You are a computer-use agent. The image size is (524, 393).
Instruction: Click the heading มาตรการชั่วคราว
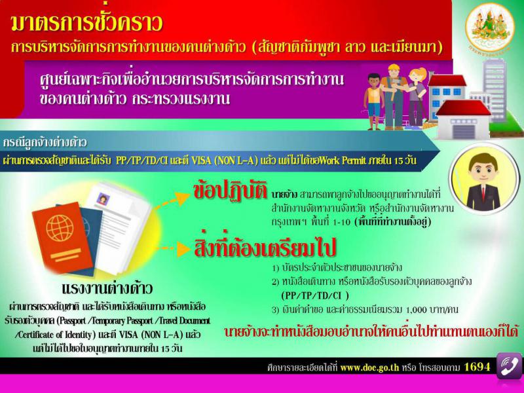coord(86,23)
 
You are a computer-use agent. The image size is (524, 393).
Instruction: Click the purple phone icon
coord(510,365)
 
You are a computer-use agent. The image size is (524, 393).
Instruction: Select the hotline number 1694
coord(477,367)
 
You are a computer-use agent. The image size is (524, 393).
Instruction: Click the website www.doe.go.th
coord(369,367)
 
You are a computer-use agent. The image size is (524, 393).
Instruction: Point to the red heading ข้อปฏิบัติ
coord(231,191)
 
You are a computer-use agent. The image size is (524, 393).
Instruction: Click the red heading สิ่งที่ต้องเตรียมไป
coord(265,248)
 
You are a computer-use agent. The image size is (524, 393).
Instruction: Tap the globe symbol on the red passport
coord(60,227)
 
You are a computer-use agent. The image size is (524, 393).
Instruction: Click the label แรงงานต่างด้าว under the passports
coord(107,288)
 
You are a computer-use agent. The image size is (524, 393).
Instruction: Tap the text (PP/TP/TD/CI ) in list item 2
coord(315,296)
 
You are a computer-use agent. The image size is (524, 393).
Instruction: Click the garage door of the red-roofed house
coord(463,132)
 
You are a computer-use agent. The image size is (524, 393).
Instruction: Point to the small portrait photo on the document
coord(102,199)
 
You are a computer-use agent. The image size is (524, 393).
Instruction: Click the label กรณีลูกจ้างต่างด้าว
coord(45,143)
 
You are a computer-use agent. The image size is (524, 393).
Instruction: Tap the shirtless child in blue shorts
coord(373,102)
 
